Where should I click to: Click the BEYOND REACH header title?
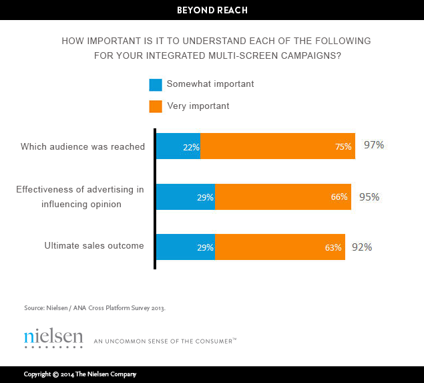(212, 10)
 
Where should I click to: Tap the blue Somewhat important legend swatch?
(156, 84)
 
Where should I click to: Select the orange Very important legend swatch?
(156, 106)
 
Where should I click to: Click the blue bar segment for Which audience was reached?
(178, 146)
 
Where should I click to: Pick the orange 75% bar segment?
(277, 146)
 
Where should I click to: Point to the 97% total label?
(374, 145)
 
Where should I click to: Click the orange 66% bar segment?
(282, 197)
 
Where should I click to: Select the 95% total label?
(369, 197)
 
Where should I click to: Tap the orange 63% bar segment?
(280, 247)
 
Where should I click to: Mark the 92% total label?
(362, 247)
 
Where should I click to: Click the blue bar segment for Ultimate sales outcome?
(185, 247)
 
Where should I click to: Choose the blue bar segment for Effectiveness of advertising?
(185, 197)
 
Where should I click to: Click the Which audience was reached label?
(83, 146)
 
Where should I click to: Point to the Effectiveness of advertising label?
(80, 197)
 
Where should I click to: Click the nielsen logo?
(53, 337)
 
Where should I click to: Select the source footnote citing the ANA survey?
(94, 308)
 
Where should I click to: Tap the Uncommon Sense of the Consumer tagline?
(165, 341)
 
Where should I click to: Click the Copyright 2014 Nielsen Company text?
(80, 374)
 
